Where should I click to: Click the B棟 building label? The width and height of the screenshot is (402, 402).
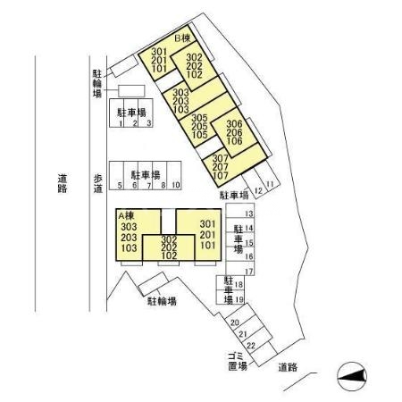pos(182,38)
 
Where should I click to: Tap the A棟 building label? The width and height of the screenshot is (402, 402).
pos(126,215)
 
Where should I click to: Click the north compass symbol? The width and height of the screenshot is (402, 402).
pos(352,376)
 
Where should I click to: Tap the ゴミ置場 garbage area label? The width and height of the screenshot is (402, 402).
pos(238,361)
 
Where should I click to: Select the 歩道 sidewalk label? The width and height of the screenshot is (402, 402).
pos(98,183)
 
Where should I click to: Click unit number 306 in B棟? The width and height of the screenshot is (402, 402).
pos(234,124)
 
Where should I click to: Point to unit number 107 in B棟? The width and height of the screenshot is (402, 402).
pos(221,175)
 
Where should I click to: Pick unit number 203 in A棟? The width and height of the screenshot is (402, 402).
pos(129,238)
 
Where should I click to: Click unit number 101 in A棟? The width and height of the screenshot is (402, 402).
pos(208,245)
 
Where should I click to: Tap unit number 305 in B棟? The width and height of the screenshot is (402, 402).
pos(199,118)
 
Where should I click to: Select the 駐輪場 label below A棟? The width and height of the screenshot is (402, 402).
pos(163,301)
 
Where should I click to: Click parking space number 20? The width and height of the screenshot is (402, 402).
pos(235,322)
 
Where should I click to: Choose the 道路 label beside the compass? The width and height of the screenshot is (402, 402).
pos(288,367)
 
